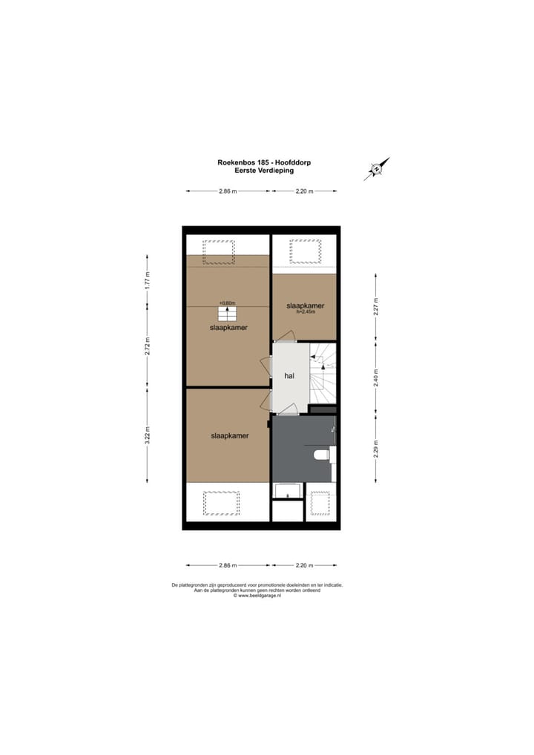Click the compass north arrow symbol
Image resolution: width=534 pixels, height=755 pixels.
pos(378,169)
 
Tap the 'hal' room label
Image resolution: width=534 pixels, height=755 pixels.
pos(289,376)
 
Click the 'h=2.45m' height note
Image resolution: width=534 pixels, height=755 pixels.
pos(306,312)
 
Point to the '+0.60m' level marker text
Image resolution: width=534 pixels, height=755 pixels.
pos(227,303)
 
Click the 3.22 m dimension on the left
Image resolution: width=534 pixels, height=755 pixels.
pos(148,433)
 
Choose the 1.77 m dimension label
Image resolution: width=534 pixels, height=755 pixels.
pos(148,280)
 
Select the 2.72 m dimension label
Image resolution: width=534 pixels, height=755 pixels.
pos(148,346)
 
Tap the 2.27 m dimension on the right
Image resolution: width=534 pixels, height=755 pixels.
pos(376,306)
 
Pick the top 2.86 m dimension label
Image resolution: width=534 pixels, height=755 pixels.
pos(228,191)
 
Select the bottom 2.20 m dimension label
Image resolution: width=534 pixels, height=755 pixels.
pos(304,565)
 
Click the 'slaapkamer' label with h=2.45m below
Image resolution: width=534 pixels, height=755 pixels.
pos(306,305)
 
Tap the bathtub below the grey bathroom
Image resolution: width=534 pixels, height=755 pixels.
pos(288,491)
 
